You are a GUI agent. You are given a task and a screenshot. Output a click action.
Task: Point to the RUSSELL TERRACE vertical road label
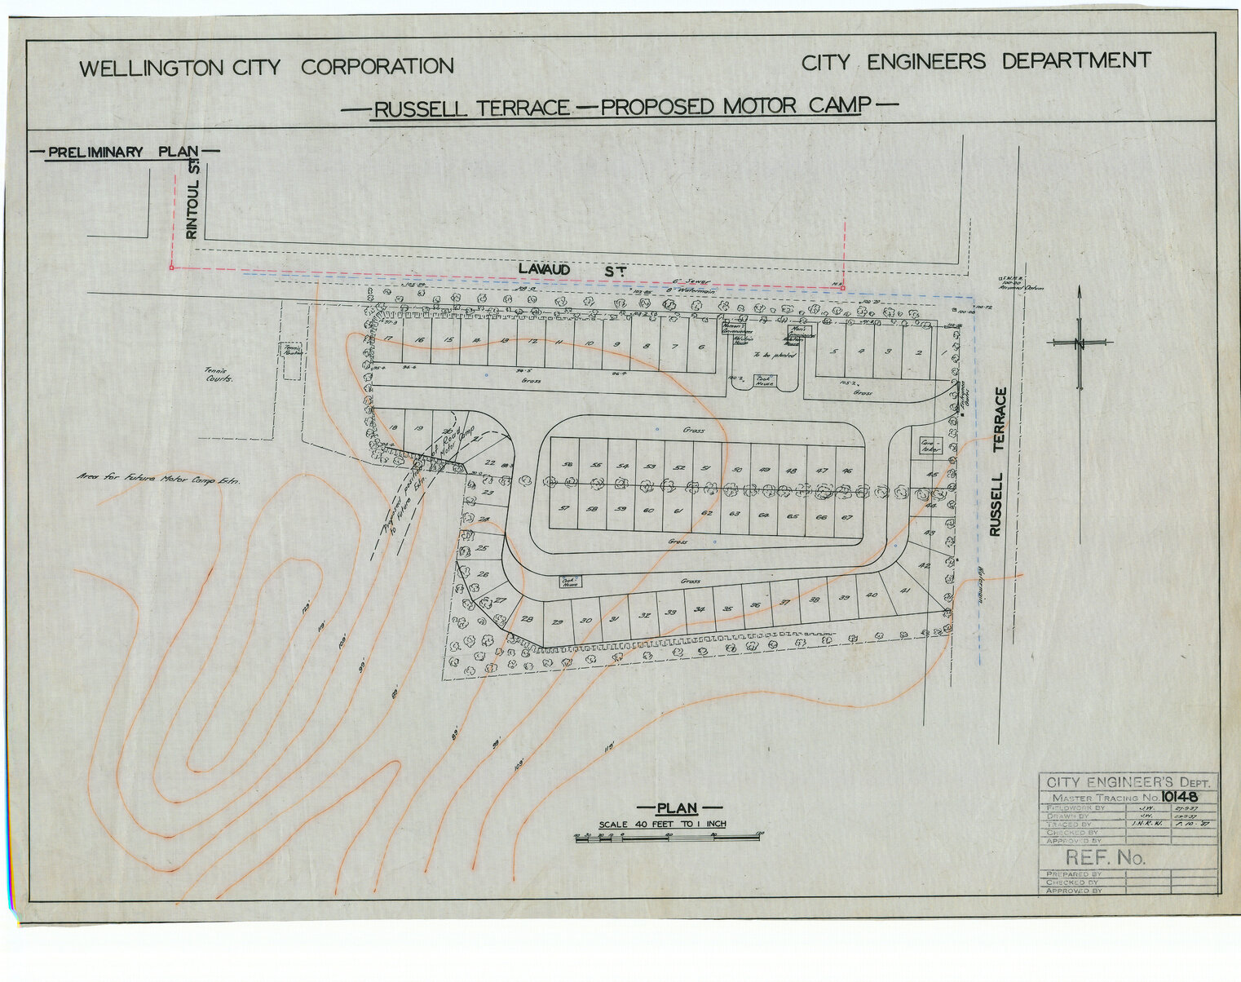coord(997,462)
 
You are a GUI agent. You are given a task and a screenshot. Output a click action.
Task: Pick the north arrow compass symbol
coord(1080,343)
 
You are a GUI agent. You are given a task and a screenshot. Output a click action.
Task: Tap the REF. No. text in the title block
coord(1105,857)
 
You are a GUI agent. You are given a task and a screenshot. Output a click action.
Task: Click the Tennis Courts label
coord(219,374)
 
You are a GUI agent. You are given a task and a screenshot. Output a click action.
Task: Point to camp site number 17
coord(389,339)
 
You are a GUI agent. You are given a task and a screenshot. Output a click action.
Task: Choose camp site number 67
coord(847,517)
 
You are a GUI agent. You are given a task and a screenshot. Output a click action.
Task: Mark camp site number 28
coord(527,619)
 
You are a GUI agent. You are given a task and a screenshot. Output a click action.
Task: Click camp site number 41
coord(904,591)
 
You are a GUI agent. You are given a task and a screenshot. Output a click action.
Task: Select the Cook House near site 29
coord(568,582)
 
